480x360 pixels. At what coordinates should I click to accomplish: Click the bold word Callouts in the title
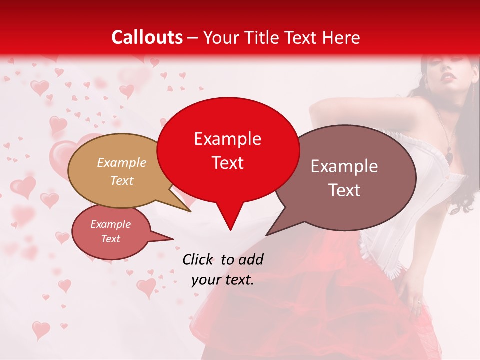click(147, 37)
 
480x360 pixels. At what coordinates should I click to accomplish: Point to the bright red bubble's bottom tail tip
click(230, 230)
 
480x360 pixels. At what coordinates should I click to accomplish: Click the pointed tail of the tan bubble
click(190, 211)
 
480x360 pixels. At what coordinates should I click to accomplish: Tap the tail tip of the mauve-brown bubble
click(266, 235)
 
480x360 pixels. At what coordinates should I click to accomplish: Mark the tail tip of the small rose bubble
click(173, 239)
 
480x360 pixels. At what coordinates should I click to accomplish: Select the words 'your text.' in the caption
click(223, 280)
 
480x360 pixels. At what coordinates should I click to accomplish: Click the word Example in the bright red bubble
click(227, 139)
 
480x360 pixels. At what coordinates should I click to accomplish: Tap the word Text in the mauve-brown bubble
click(344, 190)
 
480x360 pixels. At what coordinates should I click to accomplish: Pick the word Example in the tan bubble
click(122, 162)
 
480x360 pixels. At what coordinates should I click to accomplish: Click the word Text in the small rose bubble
click(111, 239)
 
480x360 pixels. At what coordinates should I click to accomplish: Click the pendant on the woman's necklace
click(450, 156)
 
